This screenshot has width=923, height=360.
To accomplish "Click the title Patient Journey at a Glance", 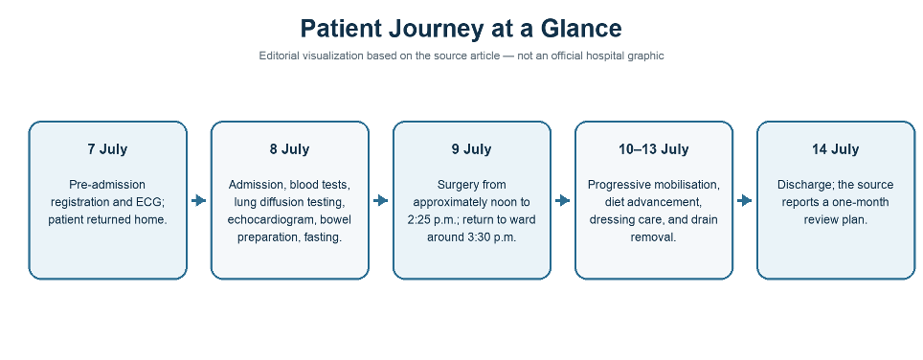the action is (461, 29).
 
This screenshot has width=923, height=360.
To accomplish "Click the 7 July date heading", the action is (108, 149).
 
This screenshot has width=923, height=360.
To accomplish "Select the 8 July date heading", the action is (289, 149).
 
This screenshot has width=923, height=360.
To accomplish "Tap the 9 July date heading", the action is (471, 149).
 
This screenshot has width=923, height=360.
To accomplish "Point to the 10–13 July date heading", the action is (653, 149).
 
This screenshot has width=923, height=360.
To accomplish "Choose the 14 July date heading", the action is (835, 149).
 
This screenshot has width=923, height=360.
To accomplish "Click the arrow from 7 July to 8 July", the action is (199, 201).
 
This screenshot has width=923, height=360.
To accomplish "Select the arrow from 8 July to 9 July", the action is (381, 201).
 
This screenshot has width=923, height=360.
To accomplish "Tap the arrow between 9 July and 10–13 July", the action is (563, 201).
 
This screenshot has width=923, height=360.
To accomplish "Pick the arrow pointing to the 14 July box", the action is (745, 201).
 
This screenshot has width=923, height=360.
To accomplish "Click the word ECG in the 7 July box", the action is (150, 202).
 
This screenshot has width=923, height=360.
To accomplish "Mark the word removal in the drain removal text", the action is (653, 237).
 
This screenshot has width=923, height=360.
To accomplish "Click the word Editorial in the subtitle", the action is (279, 56).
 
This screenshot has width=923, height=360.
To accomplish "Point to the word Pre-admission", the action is (107, 185).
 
